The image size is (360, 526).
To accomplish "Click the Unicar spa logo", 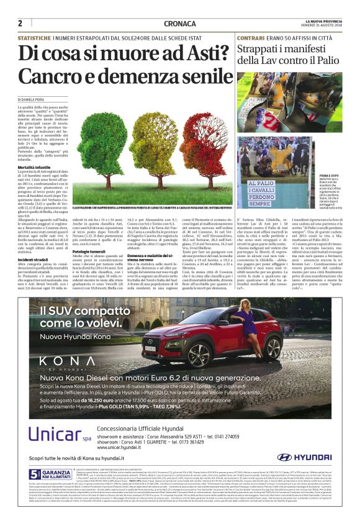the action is (x=55, y=431).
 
